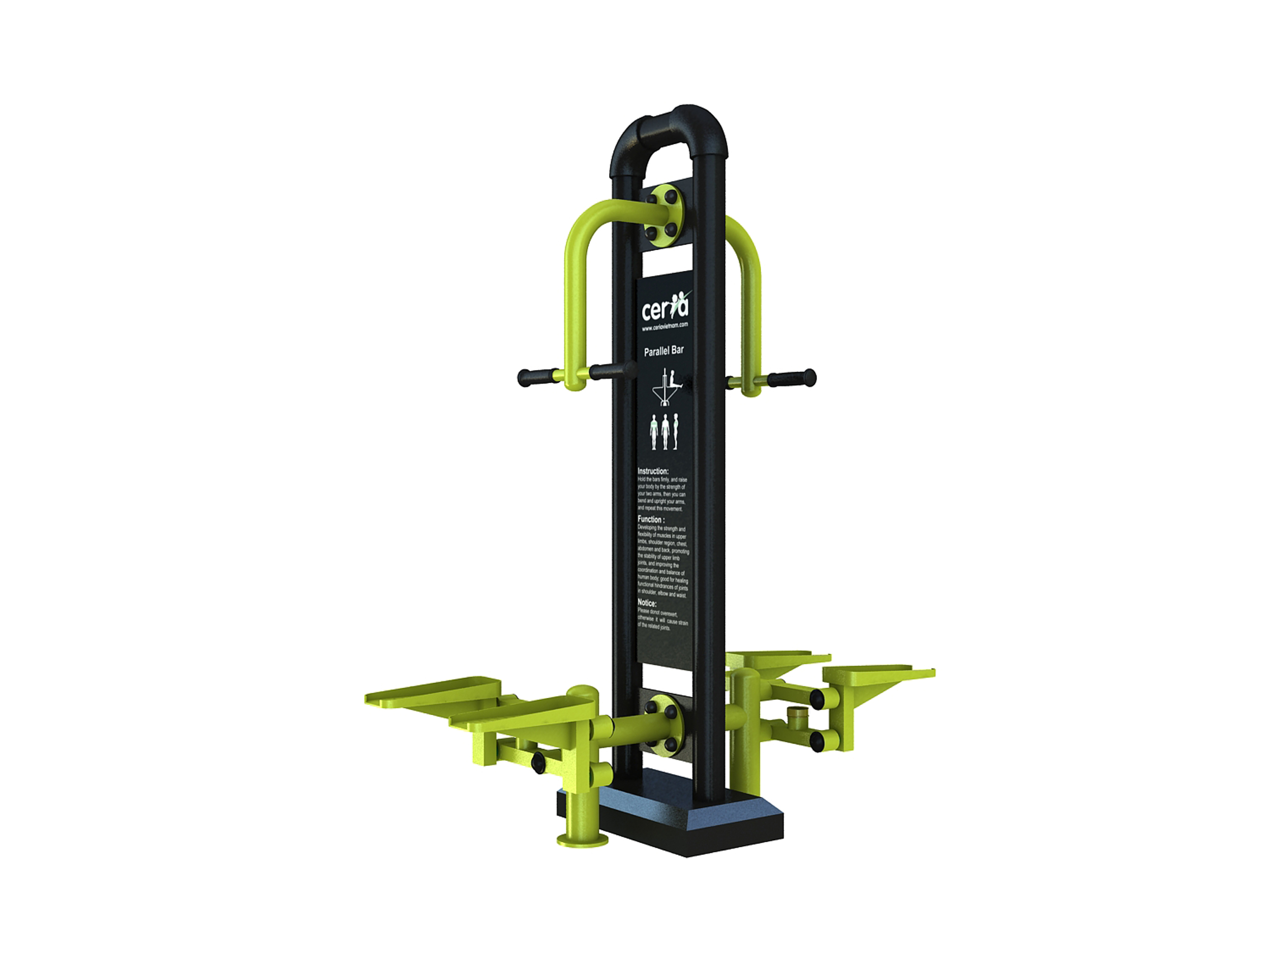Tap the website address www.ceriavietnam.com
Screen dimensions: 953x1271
(x=665, y=326)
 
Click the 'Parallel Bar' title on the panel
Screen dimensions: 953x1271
(x=663, y=350)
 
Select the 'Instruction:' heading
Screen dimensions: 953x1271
(x=653, y=471)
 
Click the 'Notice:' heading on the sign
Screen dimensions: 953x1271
(x=647, y=603)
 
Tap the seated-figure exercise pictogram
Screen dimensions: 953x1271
(x=667, y=387)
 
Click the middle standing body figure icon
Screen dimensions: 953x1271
(x=665, y=432)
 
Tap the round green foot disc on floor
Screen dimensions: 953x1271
(x=582, y=840)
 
